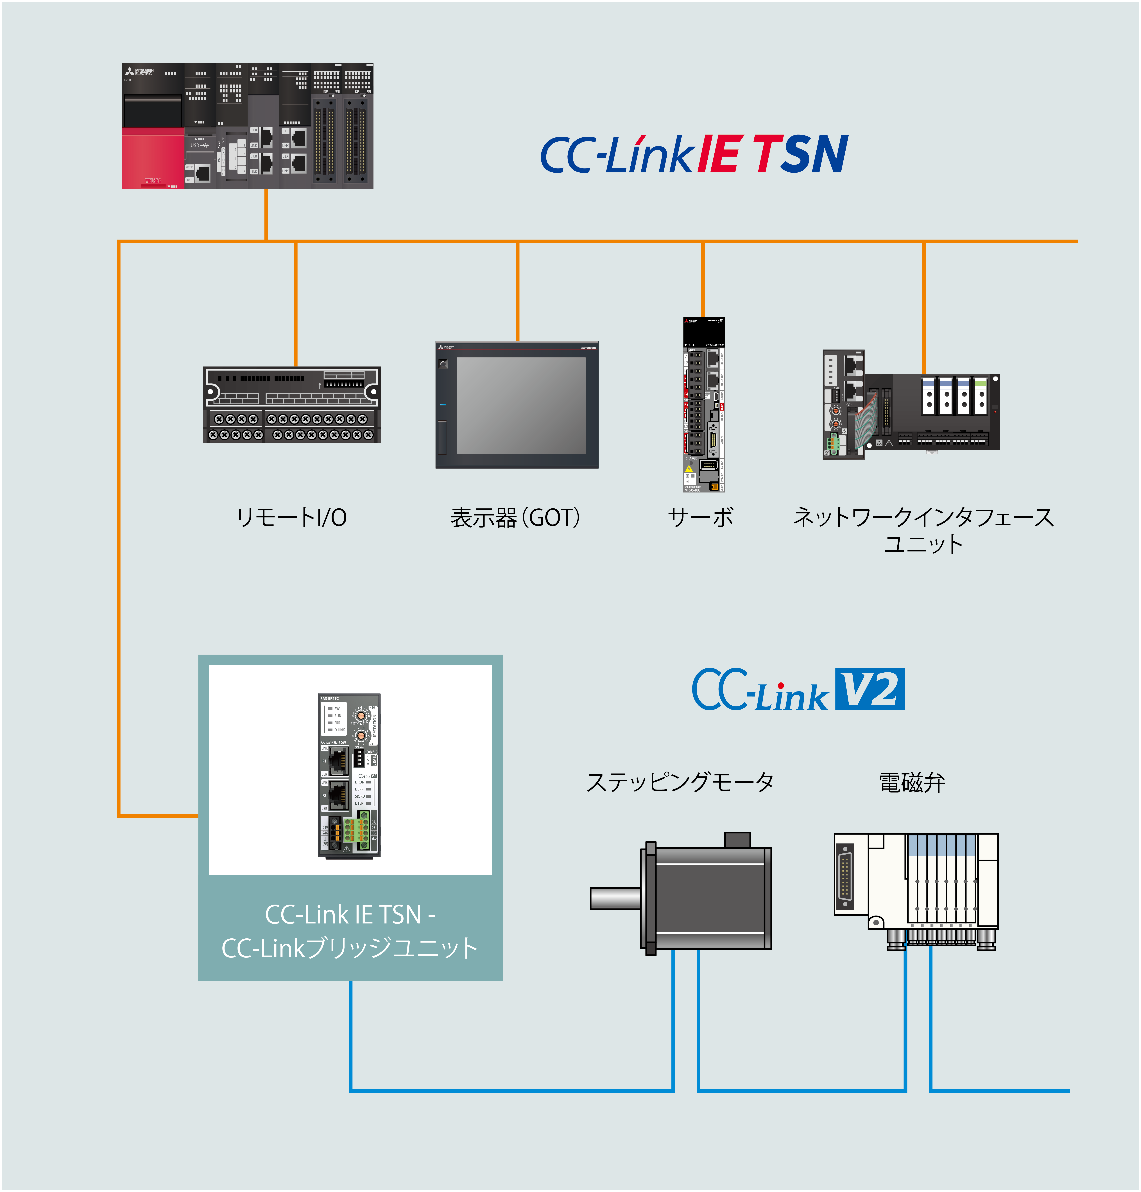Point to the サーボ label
(701, 518)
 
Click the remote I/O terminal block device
(292, 405)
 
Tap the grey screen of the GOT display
(521, 405)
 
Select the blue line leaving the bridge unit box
(351, 1034)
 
